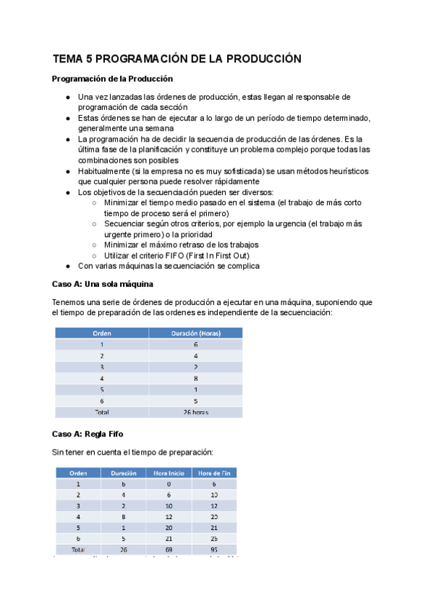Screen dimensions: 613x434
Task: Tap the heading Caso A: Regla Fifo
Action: [88, 434]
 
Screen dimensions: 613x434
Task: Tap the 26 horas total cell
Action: [195, 412]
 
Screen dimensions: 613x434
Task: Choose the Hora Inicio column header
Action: [168, 473]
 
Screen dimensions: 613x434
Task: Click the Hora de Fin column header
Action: [213, 473]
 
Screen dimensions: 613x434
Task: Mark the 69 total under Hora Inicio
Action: [168, 549]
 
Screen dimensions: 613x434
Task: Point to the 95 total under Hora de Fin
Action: [213, 549]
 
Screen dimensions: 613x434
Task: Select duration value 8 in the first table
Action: [195, 378]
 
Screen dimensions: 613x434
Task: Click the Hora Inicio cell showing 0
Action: [168, 484]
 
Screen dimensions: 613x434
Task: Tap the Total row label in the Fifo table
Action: [78, 549]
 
